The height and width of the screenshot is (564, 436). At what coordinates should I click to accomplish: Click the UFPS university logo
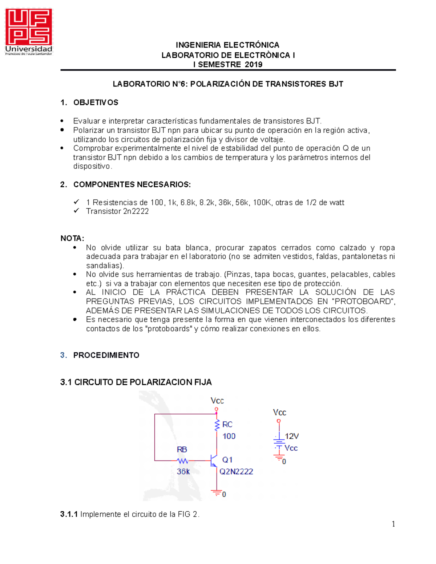(x=29, y=32)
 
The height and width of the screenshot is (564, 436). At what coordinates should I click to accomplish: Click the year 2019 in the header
(x=254, y=65)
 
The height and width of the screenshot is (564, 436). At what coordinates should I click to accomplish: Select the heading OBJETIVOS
(x=96, y=102)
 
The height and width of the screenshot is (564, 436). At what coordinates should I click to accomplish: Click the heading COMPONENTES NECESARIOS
(x=132, y=184)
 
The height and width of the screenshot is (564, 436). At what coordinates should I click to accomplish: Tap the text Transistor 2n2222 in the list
(x=117, y=211)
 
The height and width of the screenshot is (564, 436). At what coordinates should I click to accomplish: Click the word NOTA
(x=72, y=238)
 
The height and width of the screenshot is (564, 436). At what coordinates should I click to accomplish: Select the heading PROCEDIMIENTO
(x=106, y=355)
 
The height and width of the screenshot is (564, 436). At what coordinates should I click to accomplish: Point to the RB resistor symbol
(x=183, y=461)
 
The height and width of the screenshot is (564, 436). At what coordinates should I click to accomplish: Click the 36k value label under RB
(x=183, y=471)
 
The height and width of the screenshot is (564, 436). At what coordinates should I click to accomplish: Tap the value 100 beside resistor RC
(x=229, y=436)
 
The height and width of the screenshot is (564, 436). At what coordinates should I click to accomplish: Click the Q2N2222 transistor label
(x=236, y=471)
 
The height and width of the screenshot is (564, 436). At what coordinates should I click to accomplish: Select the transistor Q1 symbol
(x=214, y=460)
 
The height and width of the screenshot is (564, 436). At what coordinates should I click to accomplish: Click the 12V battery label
(x=292, y=436)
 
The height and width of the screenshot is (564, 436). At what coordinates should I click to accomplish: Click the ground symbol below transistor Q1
(x=217, y=493)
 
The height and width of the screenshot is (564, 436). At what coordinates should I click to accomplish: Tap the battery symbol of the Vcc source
(x=279, y=443)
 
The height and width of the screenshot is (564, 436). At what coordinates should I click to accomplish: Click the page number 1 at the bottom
(x=393, y=524)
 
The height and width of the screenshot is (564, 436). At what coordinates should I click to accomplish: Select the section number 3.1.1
(x=69, y=514)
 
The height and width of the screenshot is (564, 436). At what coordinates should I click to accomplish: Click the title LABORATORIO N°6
(x=150, y=84)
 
